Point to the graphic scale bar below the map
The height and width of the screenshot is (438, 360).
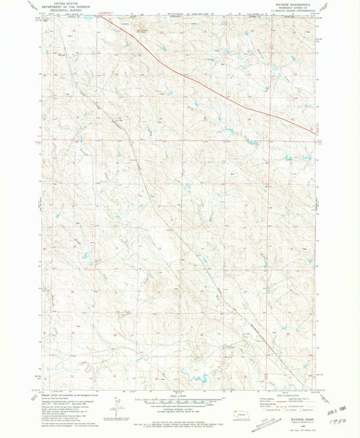tap(180, 402)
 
